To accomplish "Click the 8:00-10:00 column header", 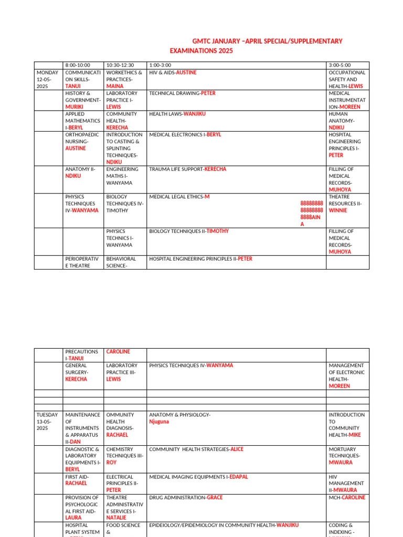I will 77,65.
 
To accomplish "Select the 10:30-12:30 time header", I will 120,65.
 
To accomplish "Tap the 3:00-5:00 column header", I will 340,65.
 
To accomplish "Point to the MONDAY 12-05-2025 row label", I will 47,79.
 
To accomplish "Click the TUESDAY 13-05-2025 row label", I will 47,422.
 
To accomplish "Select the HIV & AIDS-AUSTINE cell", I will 173,72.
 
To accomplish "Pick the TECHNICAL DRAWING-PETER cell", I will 182,93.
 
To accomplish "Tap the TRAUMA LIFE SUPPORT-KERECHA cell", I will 187,169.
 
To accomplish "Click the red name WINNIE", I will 338,211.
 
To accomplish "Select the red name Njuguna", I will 159,422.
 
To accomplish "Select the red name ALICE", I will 237,449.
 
